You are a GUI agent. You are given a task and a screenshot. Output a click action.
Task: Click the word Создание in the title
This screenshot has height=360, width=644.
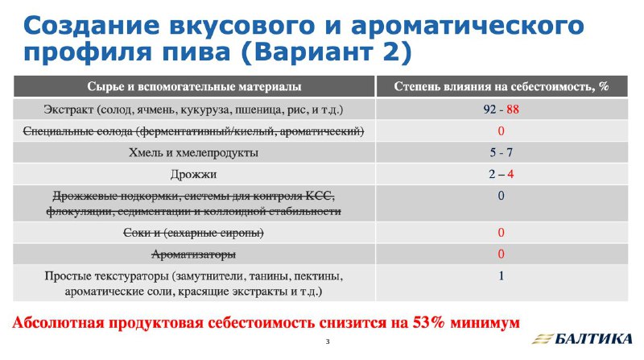(91, 25)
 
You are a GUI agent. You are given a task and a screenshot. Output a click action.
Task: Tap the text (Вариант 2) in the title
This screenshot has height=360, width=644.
(326, 52)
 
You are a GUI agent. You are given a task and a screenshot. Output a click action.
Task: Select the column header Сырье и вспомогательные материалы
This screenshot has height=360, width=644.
(194, 87)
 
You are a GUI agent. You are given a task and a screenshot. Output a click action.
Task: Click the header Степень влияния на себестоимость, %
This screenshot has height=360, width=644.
(502, 87)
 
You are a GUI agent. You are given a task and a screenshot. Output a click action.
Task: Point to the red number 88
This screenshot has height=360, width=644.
(513, 110)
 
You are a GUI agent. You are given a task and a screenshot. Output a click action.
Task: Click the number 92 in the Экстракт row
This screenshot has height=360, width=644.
(490, 110)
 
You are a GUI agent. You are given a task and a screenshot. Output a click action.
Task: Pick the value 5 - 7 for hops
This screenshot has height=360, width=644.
(501, 152)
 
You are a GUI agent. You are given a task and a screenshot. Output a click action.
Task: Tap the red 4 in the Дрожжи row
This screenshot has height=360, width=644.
(510, 174)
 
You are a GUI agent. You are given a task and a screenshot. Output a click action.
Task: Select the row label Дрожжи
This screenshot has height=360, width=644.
(193, 175)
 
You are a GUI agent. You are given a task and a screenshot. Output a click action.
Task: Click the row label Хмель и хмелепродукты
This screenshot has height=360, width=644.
(193, 153)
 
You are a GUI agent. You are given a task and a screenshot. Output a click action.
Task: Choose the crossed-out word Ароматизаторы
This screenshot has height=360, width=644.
(193, 254)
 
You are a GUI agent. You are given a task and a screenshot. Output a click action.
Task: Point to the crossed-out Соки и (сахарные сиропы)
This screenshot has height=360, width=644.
(193, 233)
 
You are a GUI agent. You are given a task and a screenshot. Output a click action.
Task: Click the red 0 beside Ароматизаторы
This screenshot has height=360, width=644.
(501, 254)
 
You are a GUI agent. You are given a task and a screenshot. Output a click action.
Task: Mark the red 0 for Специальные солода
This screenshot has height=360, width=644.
(501, 131)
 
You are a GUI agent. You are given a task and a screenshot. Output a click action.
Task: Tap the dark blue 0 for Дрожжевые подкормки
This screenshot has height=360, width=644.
(501, 196)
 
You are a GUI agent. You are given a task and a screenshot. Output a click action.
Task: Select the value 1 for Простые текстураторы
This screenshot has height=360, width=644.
(501, 275)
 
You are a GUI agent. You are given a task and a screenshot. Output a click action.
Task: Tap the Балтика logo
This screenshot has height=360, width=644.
(582, 338)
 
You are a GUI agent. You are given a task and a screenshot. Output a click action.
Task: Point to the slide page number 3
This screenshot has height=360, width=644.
(328, 341)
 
